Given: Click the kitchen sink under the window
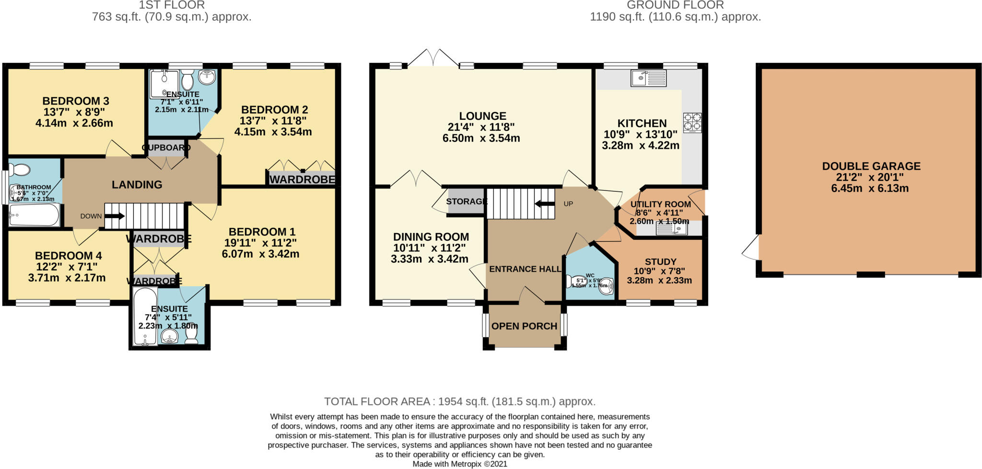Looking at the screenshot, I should (x=648, y=78).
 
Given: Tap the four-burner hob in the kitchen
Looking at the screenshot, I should (x=692, y=122).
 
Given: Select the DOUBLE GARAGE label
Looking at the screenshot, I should (x=871, y=166).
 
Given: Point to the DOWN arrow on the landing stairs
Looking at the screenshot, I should (x=114, y=216).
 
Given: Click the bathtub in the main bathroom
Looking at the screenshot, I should (x=34, y=215).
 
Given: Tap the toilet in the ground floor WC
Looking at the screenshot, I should (x=577, y=281).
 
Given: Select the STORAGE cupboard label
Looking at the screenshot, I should (x=466, y=201).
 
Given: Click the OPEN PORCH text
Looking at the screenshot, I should (x=524, y=326).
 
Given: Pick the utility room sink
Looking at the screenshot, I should (x=672, y=230).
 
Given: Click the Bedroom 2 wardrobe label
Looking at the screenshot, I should (x=302, y=179).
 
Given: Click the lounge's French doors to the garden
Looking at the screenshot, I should (x=433, y=59).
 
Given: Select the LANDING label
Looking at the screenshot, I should (x=137, y=185).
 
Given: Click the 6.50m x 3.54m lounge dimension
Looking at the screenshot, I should (x=481, y=139).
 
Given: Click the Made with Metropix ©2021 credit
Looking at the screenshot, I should (x=459, y=464).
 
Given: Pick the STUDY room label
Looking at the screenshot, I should (x=660, y=262).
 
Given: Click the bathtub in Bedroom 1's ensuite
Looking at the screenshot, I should (x=145, y=317).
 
